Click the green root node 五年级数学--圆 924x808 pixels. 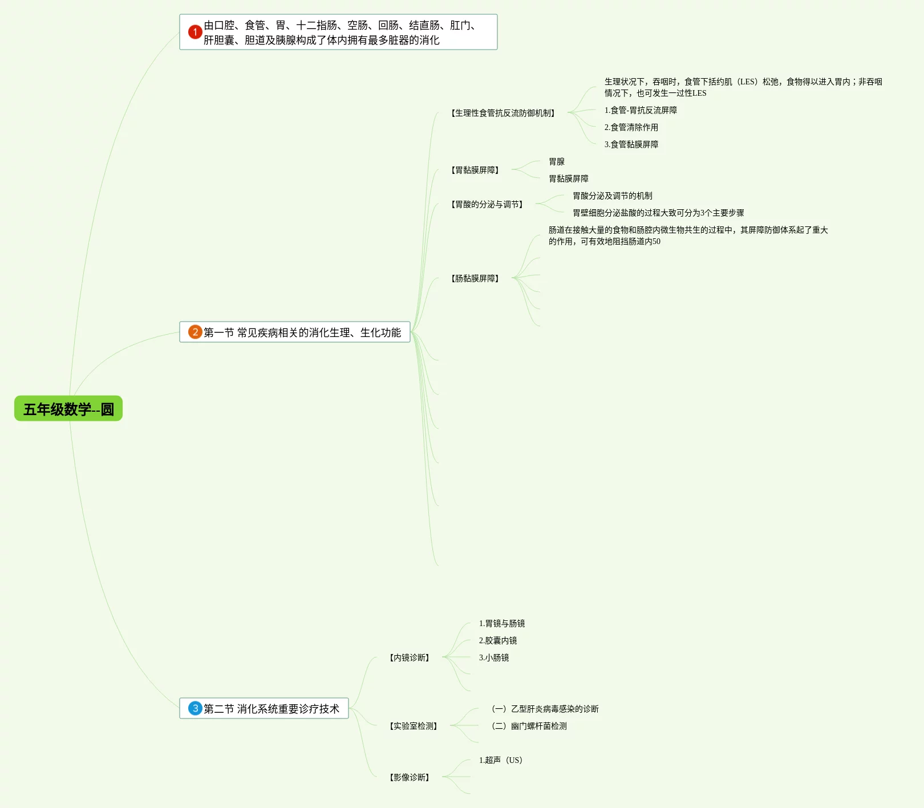coord(68,409)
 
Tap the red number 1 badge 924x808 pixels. coord(195,32)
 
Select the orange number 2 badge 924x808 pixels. coord(195,332)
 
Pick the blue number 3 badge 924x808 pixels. coord(195,708)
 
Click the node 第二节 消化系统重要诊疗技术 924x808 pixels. coord(271,709)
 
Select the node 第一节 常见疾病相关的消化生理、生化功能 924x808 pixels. coord(302,332)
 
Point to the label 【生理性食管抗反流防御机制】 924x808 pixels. coord(502,113)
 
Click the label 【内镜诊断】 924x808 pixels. coord(409,657)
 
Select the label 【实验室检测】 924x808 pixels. coord(413,726)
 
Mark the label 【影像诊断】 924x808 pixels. coord(409,777)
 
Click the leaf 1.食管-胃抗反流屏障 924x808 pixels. coord(641,110)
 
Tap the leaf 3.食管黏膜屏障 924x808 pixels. coord(631,144)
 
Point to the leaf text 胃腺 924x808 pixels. coord(557,161)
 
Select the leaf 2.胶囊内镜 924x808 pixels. coord(498,640)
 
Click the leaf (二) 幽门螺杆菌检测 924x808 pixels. coord(529,726)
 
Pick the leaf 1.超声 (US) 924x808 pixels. coord(501,760)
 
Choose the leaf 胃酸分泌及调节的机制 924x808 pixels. coord(612,196)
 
